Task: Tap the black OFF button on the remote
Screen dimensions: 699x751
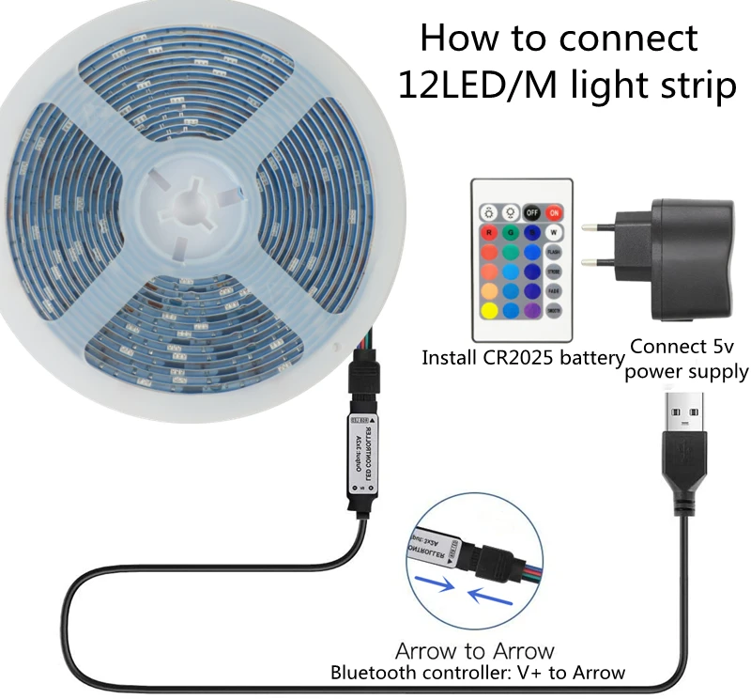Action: [x=532, y=212]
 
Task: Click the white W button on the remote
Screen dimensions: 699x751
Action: [x=555, y=233]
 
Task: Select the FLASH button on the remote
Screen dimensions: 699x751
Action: [x=555, y=252]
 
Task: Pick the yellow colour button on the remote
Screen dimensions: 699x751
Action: [x=489, y=310]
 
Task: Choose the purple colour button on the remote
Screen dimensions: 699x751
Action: [x=532, y=310]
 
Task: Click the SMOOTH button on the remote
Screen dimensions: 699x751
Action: [x=555, y=310]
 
